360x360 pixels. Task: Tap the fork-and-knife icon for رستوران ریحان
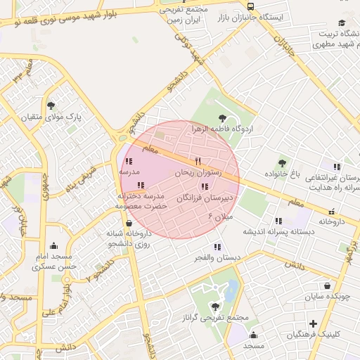pyautogui.click(x=198, y=162)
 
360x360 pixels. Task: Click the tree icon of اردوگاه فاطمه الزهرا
pyautogui.click(x=223, y=118)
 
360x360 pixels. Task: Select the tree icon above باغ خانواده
pyautogui.click(x=282, y=163)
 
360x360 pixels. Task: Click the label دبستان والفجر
pyautogui.click(x=217, y=258)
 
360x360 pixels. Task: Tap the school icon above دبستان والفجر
pyautogui.click(x=217, y=247)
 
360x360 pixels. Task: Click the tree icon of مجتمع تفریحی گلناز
pyautogui.click(x=214, y=307)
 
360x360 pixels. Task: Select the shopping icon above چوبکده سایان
pyautogui.click(x=328, y=286)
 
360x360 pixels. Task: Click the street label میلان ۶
pyautogui.click(x=221, y=219)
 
